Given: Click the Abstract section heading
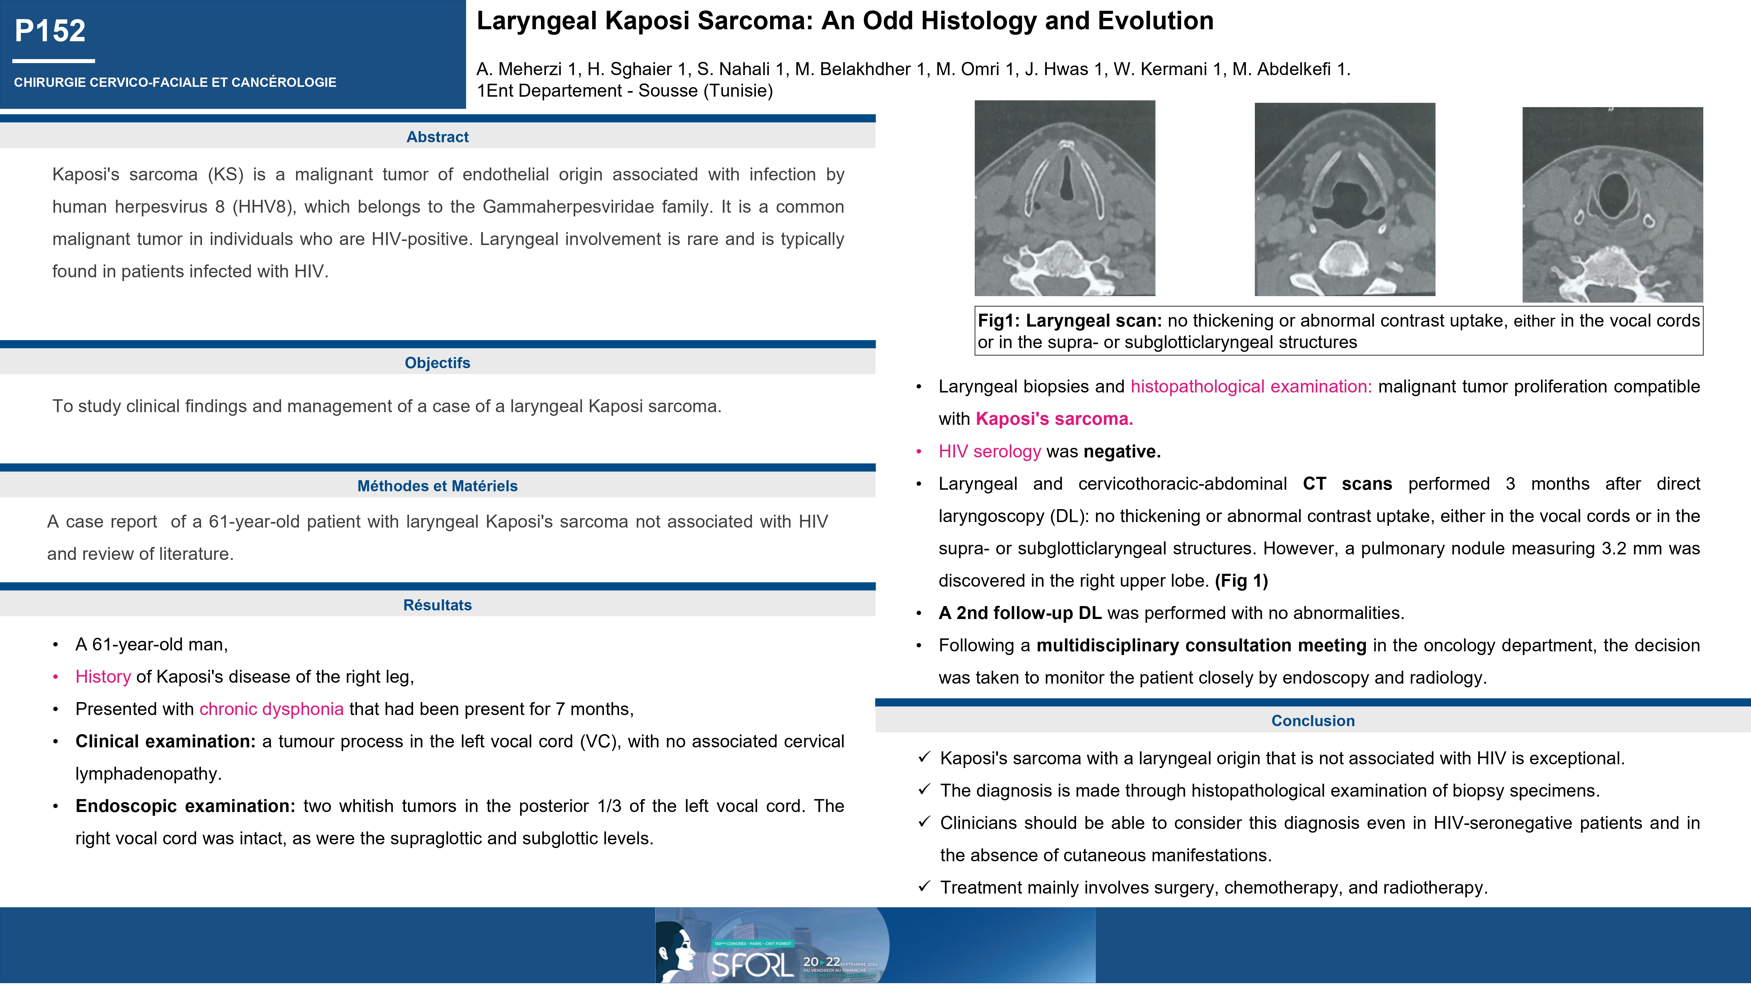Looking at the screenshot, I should pos(437,137).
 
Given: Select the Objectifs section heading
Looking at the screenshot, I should pos(437,363).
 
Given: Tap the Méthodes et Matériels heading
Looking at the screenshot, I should pos(437,486).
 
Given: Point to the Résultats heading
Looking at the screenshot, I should pos(437,605).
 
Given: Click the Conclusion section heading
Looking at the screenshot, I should pos(1313,721).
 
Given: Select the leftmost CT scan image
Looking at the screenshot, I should pos(1064,198).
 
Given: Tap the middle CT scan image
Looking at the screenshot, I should pos(1344,199).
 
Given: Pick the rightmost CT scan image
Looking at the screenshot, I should pos(1612,204).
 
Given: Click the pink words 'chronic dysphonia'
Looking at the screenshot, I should pos(271,709).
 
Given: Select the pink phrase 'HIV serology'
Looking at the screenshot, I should pos(990,451).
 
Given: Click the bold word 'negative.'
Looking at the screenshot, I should pos(1122,451).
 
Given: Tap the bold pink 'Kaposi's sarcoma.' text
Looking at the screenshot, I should pos(1054,419).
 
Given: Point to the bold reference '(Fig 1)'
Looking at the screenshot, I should pos(1241,581).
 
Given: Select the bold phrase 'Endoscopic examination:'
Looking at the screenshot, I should pos(185,806).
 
